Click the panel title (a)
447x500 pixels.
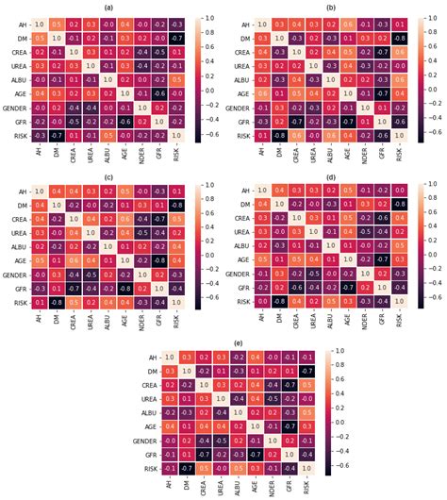111,7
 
